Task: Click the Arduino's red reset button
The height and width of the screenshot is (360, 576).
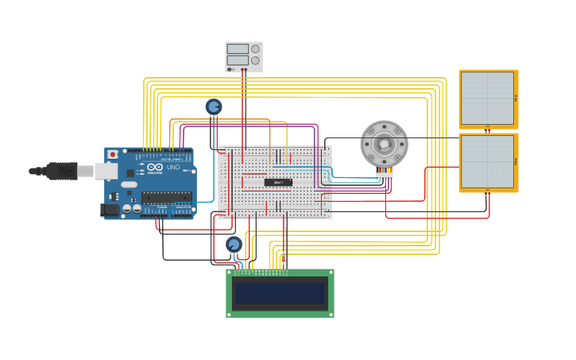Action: tap(113, 154)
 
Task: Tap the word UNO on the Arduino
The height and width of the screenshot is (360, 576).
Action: tap(173, 167)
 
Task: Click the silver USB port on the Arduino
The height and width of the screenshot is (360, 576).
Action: tap(106, 171)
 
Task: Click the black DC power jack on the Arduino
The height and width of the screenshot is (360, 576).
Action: tap(109, 210)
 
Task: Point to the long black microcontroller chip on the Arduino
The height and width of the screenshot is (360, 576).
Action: tap(166, 197)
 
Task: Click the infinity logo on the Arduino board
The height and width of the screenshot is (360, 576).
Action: tap(154, 167)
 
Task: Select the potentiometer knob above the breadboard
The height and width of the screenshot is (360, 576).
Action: tap(213, 106)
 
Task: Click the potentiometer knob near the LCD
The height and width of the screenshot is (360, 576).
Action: tap(234, 245)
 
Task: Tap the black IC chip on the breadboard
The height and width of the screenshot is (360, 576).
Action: tap(278, 182)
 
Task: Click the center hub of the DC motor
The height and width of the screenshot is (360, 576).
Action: tap(385, 144)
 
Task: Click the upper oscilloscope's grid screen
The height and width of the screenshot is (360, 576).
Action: tap(487, 99)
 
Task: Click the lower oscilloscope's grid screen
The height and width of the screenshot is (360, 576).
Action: tap(487, 161)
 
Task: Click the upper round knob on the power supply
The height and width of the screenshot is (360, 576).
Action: tap(255, 48)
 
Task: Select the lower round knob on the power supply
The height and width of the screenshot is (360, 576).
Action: tap(255, 60)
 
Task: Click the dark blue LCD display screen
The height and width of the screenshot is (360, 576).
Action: tap(280, 293)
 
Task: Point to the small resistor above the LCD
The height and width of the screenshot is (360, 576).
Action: tap(283, 258)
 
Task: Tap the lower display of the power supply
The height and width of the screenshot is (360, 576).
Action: tap(238, 60)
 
